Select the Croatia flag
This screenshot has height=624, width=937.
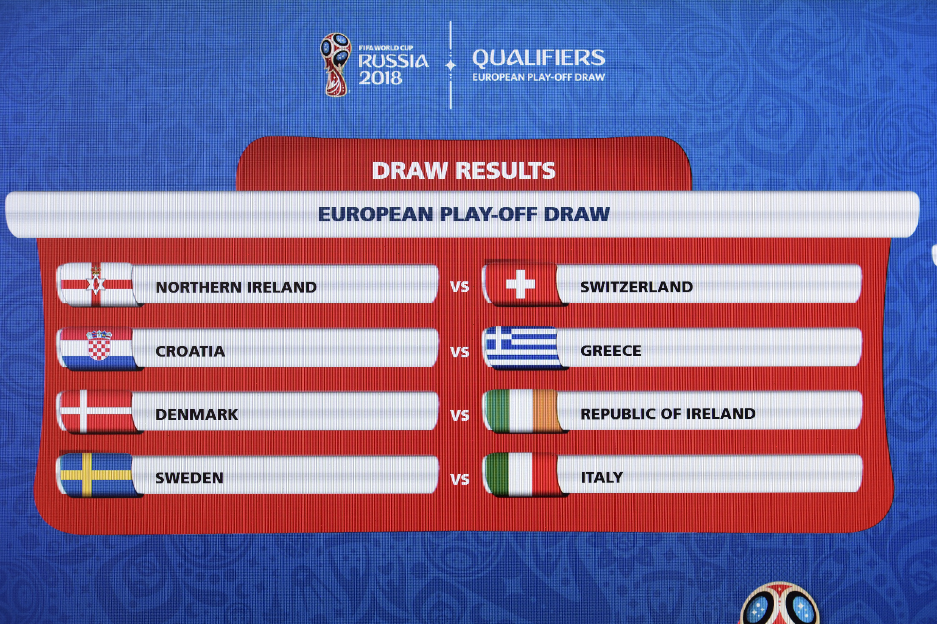(x=96, y=349)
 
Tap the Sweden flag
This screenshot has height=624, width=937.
(x=96, y=475)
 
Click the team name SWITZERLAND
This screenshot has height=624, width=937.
(x=636, y=287)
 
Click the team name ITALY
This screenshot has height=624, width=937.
(x=602, y=477)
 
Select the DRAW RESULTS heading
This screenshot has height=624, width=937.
(x=463, y=171)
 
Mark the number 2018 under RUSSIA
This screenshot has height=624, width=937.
(x=380, y=78)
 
